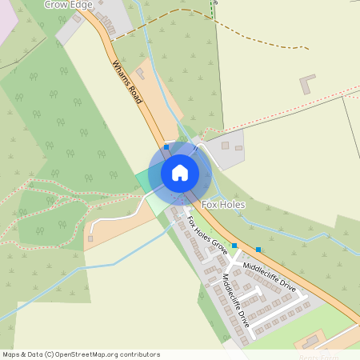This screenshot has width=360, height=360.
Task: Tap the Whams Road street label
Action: coord(127,82)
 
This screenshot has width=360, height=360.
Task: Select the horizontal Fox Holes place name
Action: coord(223,205)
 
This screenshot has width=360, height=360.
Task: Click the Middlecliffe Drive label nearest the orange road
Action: coord(270,275)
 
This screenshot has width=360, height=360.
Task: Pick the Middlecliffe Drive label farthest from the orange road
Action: coord(236,301)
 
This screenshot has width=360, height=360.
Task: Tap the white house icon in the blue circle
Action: coord(179,172)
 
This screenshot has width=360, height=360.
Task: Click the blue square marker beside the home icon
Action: coord(166,147)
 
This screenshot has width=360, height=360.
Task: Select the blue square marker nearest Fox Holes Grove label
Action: coord(234,245)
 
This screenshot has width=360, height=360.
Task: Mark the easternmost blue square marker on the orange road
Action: coord(258,250)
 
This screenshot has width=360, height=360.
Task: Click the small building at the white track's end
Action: coord(90,238)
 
